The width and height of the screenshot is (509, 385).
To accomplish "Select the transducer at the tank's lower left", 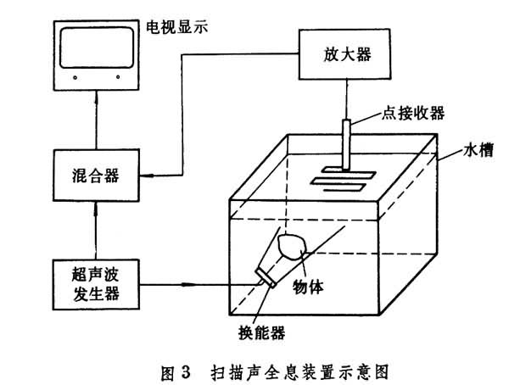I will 266,276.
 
